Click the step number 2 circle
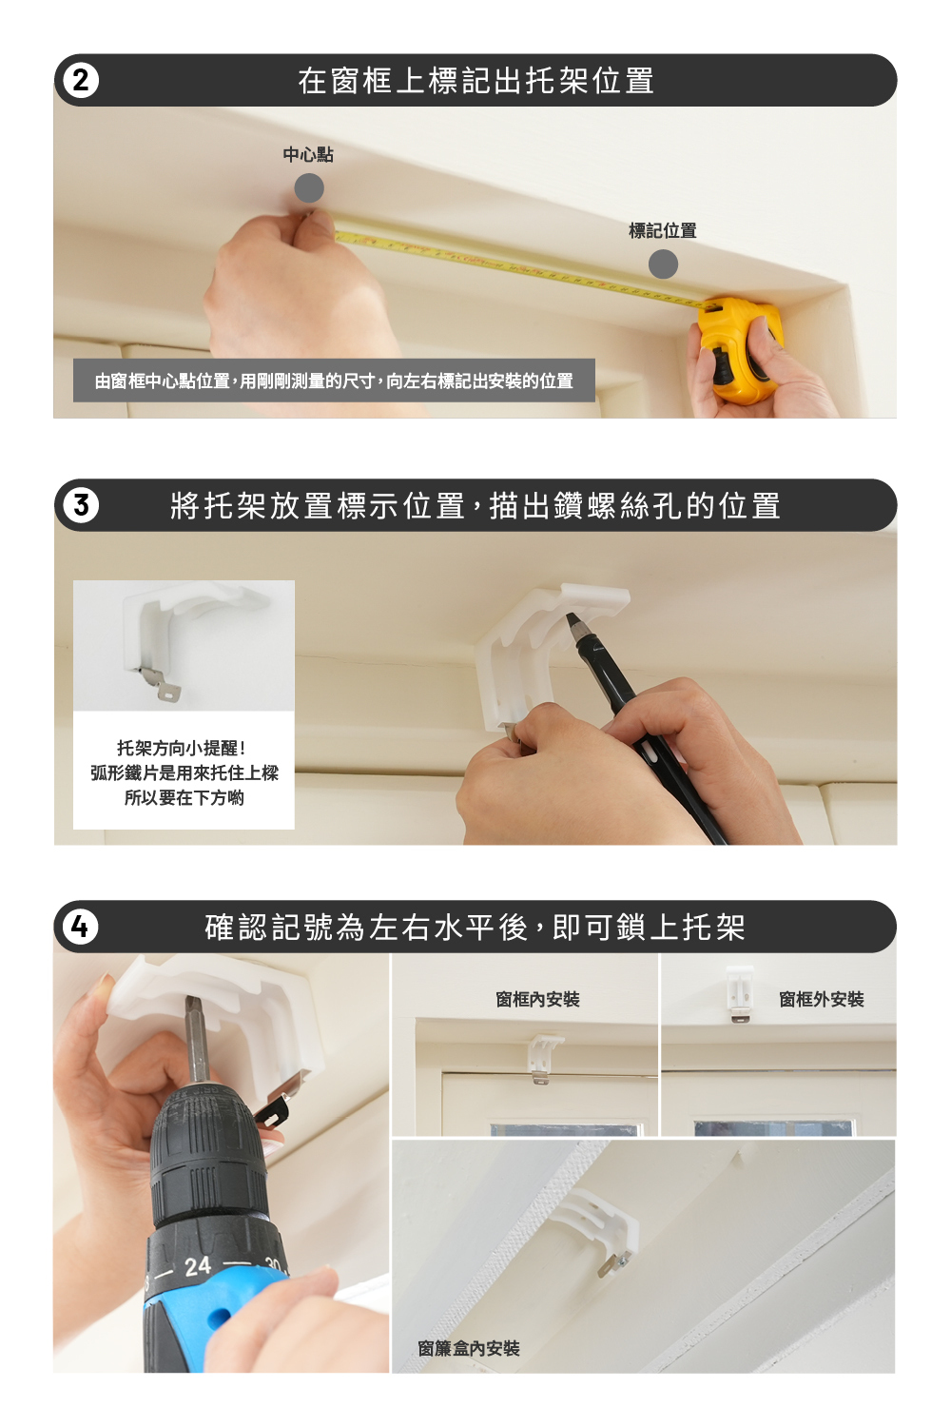(81, 81)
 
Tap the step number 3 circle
(81, 506)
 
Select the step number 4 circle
(81, 927)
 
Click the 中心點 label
(308, 155)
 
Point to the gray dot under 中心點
(309, 188)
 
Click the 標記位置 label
(663, 230)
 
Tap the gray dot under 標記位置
(663, 264)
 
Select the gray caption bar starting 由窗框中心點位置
(335, 381)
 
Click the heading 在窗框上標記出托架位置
(475, 81)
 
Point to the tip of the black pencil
(568, 616)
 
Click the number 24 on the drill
(198, 1266)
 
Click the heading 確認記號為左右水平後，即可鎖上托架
(475, 927)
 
